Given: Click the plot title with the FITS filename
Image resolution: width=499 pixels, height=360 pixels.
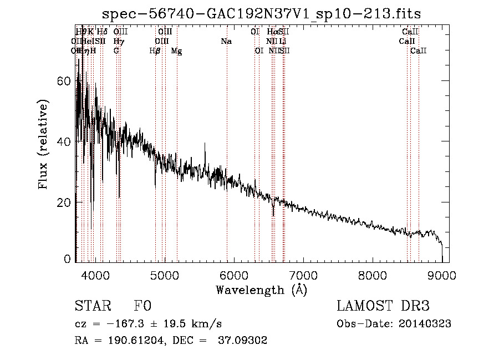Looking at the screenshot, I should [x=266, y=14].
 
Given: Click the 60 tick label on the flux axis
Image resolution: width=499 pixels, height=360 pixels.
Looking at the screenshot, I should [x=64, y=81].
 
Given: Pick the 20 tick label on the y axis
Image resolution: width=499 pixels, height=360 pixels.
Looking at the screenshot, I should [x=64, y=202].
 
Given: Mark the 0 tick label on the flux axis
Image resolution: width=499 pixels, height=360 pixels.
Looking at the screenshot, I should [x=68, y=259].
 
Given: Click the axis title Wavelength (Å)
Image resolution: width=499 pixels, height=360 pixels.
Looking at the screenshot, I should [x=261, y=290].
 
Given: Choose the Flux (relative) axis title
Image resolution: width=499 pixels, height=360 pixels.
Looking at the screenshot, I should [x=44, y=145].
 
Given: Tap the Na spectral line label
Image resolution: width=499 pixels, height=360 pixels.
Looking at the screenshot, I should [x=226, y=42].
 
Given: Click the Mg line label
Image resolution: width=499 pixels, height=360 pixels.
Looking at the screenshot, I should [x=176, y=51].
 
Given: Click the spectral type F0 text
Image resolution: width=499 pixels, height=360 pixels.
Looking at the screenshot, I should [x=142, y=307].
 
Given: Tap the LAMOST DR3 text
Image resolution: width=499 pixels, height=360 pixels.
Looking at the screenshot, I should [x=383, y=307].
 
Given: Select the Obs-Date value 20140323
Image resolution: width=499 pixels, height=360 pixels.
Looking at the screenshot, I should [x=425, y=324].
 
